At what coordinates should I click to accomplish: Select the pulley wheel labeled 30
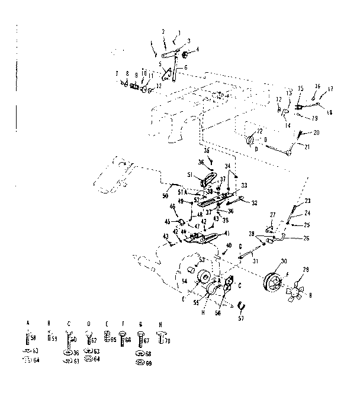[274, 281]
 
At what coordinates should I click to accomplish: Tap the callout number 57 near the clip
[241, 318]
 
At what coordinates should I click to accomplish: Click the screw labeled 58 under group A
[27, 339]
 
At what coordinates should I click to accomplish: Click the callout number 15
[300, 88]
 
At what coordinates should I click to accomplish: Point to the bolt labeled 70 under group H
[158, 340]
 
